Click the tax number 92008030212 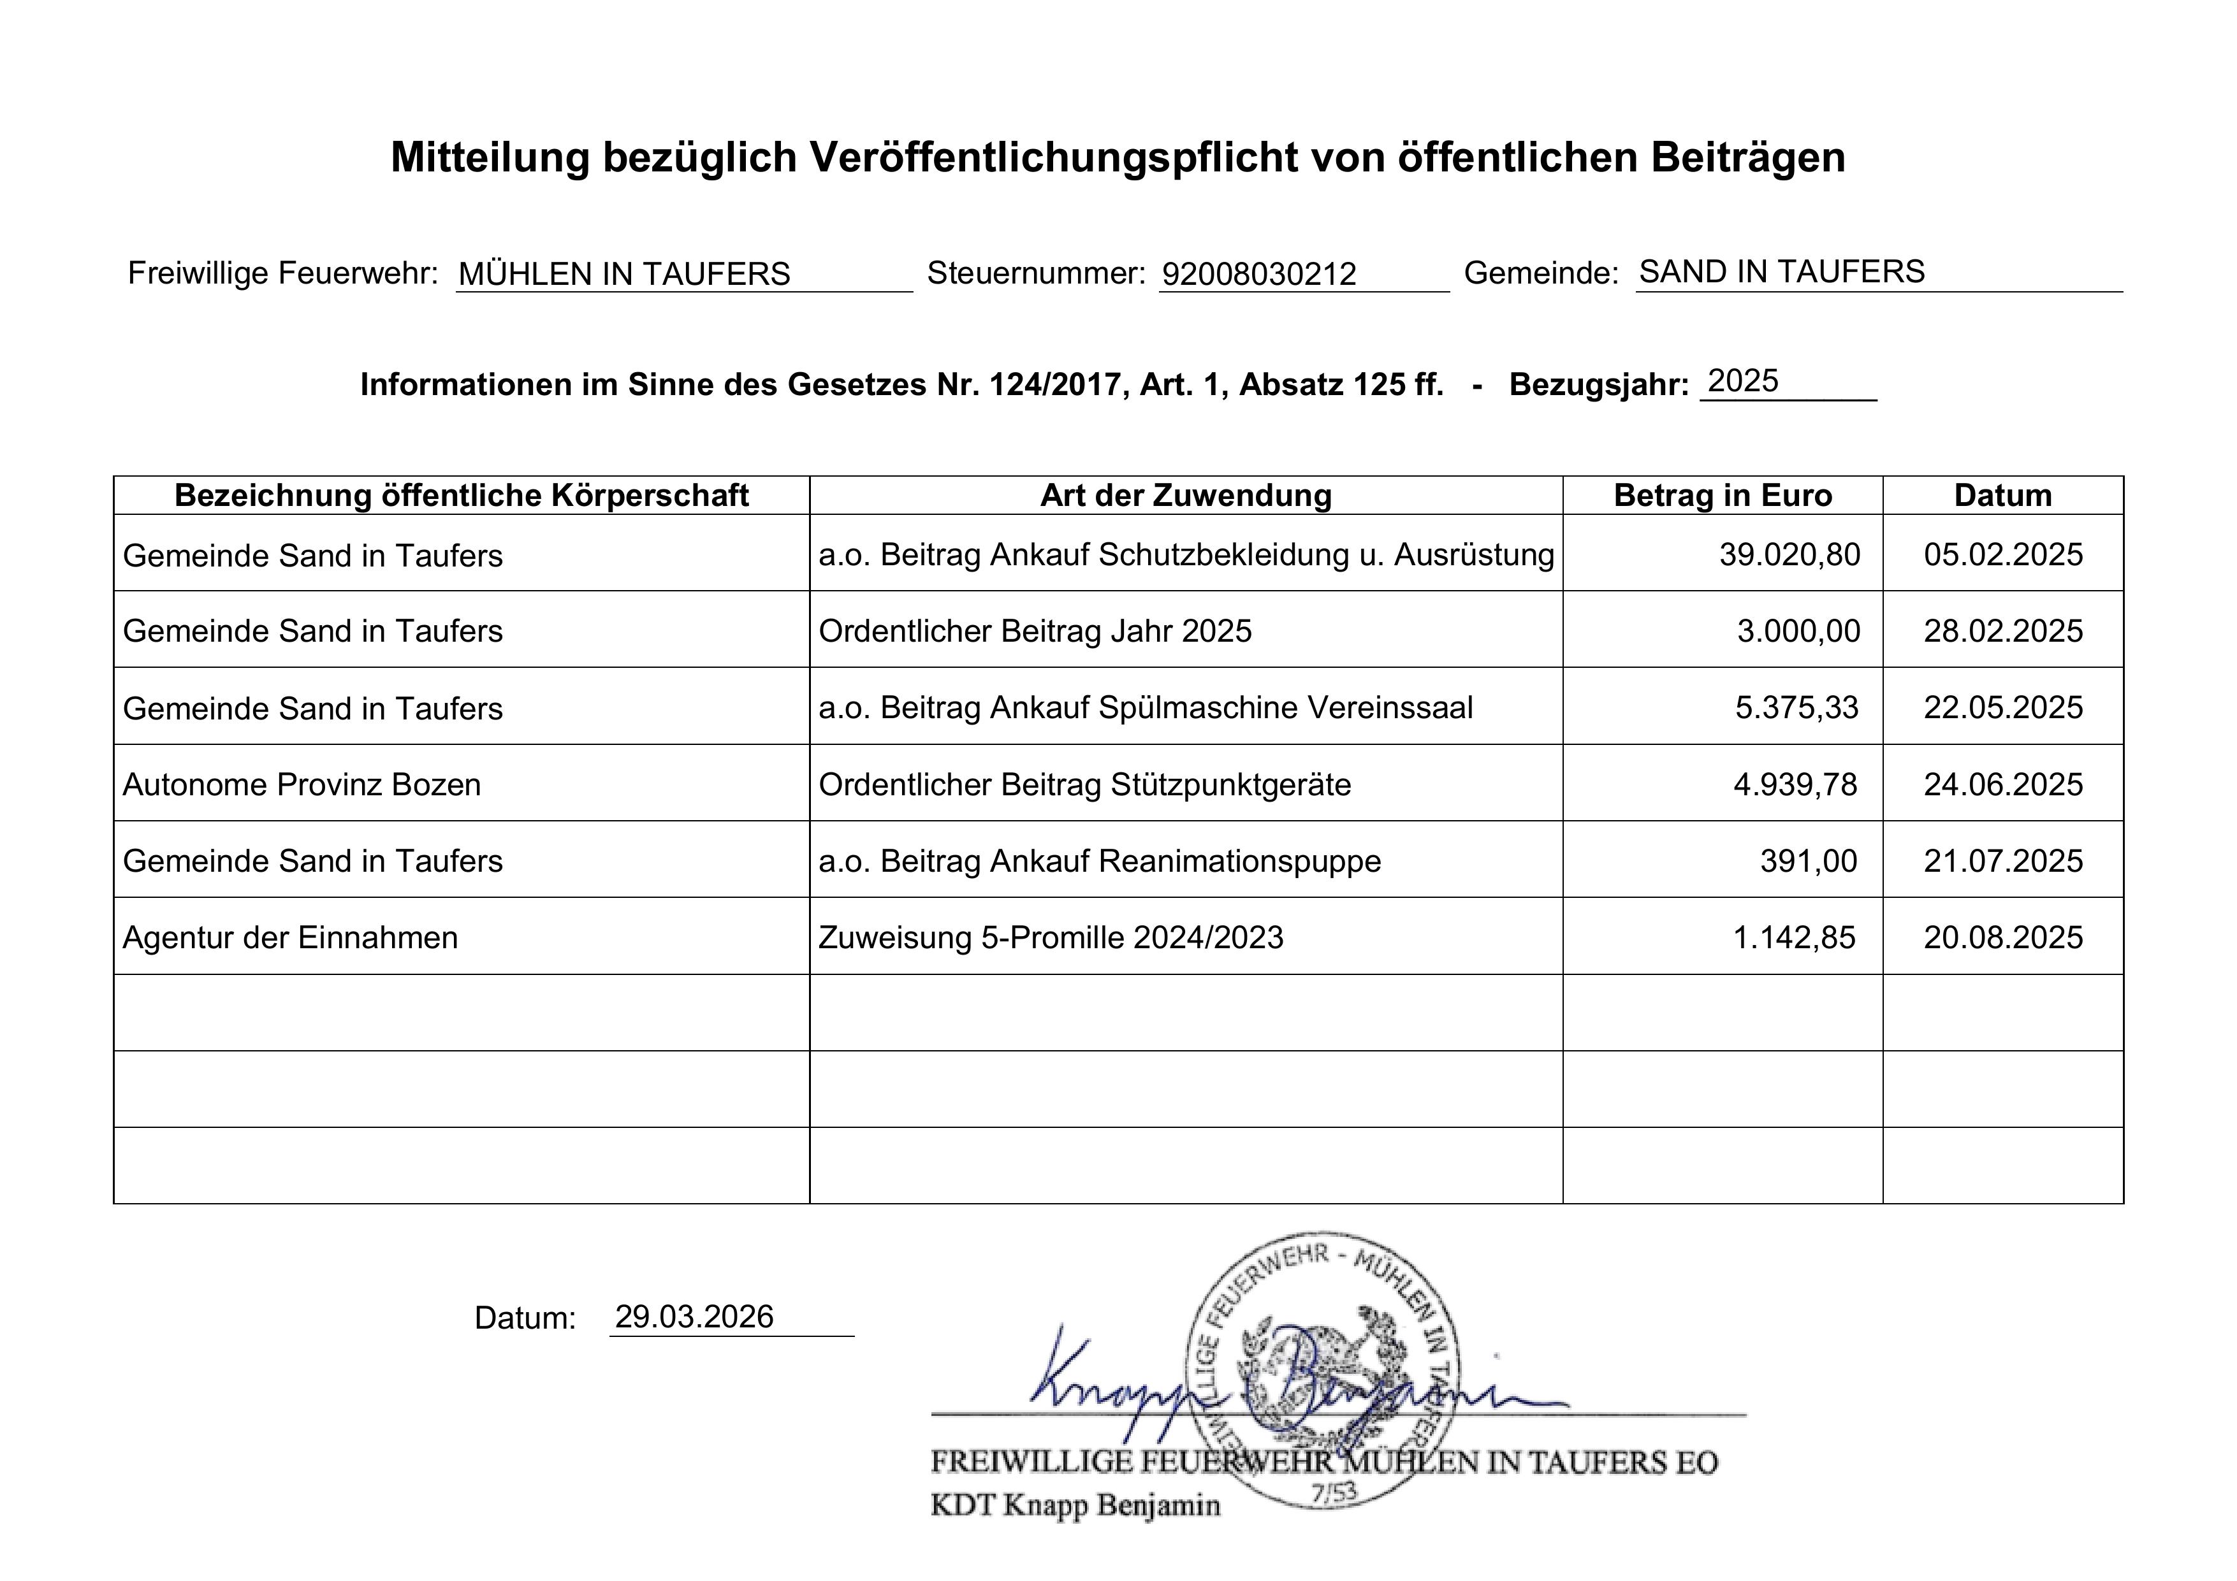click(x=1259, y=275)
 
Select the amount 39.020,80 click(x=1789, y=554)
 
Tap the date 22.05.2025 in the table click(x=2002, y=707)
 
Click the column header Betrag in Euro click(x=1722, y=496)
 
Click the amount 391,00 click(x=1809, y=861)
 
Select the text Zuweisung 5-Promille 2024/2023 click(x=1051, y=937)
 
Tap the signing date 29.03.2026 click(x=694, y=1317)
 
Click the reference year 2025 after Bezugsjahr click(x=1743, y=381)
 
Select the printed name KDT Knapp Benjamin click(x=1075, y=1506)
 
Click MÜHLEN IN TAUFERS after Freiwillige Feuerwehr click(x=623, y=275)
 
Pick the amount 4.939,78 click(x=1795, y=784)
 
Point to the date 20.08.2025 click(x=2002, y=937)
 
